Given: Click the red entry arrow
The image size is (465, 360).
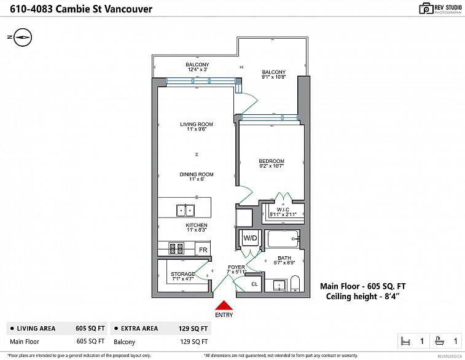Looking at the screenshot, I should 224,305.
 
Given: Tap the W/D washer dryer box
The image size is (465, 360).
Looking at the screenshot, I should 250,238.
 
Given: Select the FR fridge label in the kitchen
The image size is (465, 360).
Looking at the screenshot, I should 203,250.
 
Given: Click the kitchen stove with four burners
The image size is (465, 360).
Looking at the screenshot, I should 176,249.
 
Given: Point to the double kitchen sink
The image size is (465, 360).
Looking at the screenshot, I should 185,210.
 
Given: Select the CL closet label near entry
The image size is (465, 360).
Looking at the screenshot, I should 255,284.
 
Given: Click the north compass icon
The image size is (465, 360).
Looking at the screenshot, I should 22,37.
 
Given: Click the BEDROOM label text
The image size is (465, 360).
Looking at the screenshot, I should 272,161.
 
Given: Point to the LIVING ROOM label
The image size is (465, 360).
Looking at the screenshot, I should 197,124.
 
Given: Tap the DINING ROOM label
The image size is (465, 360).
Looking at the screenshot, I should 197,174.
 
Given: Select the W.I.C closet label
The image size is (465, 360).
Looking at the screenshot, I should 283,209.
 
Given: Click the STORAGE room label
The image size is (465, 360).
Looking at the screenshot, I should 183,274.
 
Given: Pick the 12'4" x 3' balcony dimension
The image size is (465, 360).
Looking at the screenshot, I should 198,69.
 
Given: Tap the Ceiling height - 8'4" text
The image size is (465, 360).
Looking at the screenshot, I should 362,297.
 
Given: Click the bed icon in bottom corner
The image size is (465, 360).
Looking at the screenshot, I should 406,341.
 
